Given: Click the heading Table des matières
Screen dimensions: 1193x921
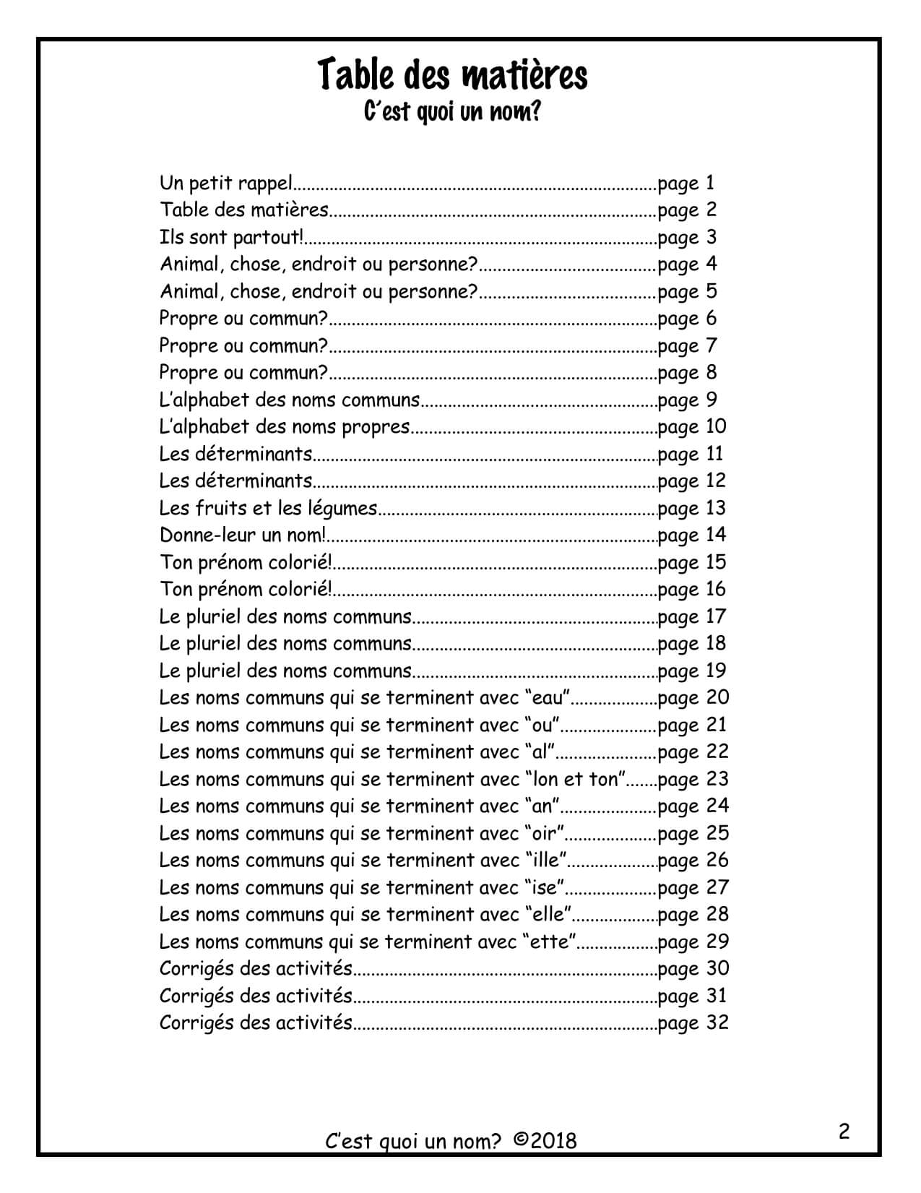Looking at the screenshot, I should [453, 75].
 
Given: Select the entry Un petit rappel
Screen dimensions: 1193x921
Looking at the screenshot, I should [225, 184].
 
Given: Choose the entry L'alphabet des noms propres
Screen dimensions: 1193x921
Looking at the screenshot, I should [285, 427].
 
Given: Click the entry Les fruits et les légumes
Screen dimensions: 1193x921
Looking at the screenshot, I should [268, 509].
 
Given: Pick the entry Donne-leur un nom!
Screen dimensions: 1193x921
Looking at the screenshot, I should [243, 535].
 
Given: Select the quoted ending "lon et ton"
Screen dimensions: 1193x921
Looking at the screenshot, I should [575, 779].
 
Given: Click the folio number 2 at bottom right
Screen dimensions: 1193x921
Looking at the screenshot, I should [844, 1131].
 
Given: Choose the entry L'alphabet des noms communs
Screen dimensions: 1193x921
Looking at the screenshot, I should [289, 400].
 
